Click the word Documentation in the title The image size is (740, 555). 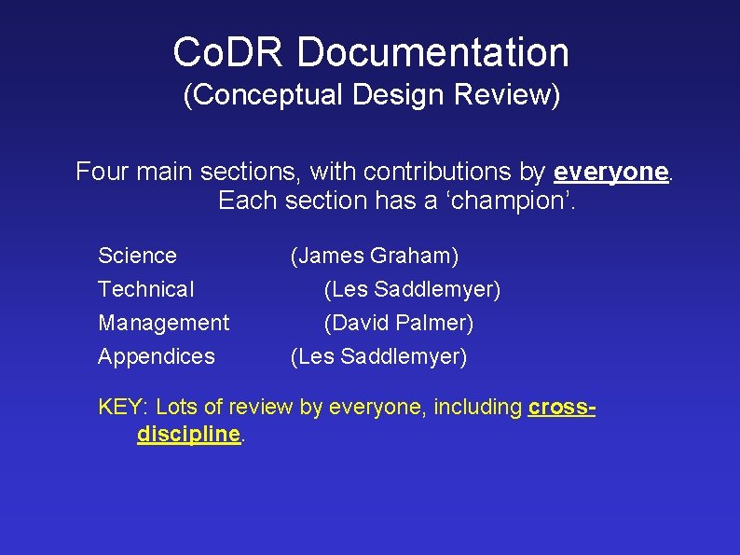tap(432, 52)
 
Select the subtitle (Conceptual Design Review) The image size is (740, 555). tap(372, 95)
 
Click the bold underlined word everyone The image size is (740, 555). tap(610, 172)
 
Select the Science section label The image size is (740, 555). tap(137, 256)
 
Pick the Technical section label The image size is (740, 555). tap(146, 289)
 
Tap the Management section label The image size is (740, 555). tap(163, 323)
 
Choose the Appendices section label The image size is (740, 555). tap(157, 356)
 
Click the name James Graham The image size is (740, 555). tap(375, 256)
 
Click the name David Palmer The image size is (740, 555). tap(399, 323)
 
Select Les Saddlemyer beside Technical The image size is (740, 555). tap(412, 289)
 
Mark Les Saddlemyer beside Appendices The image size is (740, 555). tap(379, 356)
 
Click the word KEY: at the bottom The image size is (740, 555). tap(123, 407)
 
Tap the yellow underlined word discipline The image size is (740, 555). tap(188, 435)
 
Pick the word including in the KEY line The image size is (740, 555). tap(477, 407)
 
